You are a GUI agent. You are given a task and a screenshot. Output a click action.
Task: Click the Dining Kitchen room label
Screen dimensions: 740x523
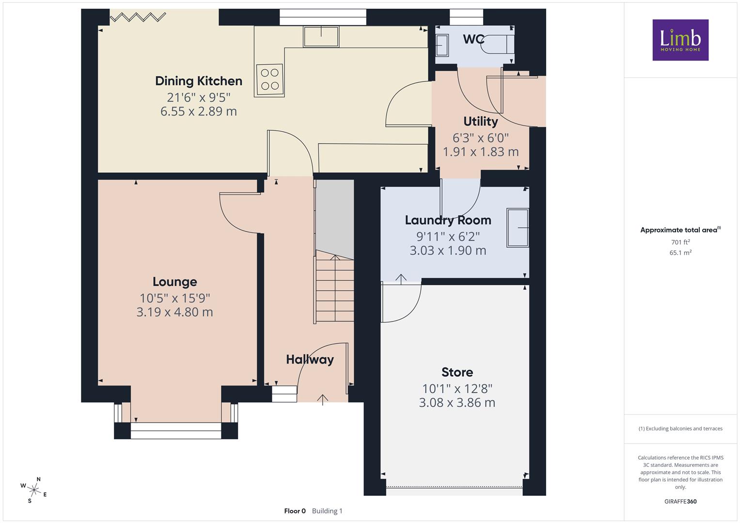199,81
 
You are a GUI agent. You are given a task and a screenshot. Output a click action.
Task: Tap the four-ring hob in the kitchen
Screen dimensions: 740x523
269,79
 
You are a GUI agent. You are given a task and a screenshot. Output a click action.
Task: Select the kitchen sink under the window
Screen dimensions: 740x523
321,36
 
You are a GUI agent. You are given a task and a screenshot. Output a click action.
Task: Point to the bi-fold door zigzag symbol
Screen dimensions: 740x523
138,17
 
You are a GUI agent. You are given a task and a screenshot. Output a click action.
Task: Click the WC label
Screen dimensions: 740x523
474,39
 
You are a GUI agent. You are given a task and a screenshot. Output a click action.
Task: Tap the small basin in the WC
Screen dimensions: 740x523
441,45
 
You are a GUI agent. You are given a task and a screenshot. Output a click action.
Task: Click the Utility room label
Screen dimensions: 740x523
481,122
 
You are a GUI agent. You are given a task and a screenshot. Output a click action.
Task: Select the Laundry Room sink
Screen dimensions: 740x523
518,228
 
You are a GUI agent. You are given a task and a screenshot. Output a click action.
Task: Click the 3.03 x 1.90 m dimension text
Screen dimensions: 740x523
448,251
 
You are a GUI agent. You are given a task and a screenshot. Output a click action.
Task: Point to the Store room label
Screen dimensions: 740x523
457,372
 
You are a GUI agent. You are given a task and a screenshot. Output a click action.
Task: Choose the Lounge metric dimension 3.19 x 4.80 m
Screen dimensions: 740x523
175,312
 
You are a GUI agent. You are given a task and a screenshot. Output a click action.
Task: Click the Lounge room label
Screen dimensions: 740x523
175,282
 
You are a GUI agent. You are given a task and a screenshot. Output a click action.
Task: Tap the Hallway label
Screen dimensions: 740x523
310,359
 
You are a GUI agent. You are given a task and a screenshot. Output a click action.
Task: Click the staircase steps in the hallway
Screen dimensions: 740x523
335,286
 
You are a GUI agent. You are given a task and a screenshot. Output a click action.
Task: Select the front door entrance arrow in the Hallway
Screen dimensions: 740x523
322,400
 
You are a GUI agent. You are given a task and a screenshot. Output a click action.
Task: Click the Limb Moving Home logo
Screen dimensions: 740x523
680,40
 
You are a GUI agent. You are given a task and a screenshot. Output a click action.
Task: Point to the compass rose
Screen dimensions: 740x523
34,490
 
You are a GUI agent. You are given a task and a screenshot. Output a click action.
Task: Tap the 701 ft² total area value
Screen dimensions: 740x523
680,242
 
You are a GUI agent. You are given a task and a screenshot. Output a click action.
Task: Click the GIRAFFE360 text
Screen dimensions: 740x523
680,501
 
